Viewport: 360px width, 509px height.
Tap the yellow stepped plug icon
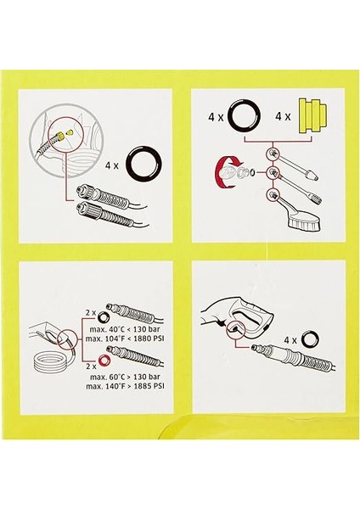click(x=312, y=116)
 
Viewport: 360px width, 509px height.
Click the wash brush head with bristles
click(x=306, y=223)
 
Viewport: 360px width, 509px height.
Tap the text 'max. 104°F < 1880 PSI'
click(x=125, y=338)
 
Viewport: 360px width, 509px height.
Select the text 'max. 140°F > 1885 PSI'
click(x=125, y=386)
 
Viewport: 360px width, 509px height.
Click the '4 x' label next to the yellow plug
click(x=283, y=116)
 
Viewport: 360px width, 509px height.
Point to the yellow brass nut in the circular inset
click(x=60, y=134)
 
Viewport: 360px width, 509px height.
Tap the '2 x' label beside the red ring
click(x=91, y=366)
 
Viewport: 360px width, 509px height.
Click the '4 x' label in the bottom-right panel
click(x=290, y=340)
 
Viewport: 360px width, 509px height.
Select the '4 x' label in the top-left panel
click(x=112, y=165)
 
